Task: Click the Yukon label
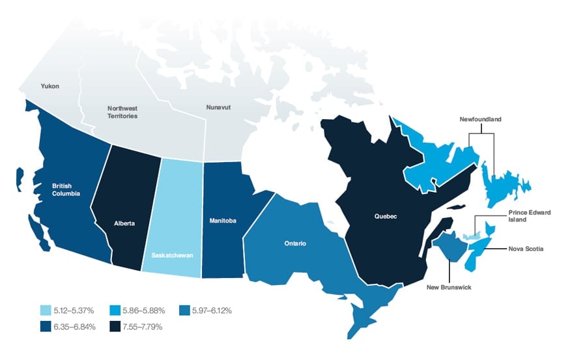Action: tap(50, 85)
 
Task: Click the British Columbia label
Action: tap(66, 189)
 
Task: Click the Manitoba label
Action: tap(223, 220)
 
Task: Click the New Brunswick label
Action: tap(449, 286)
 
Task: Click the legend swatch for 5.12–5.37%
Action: tap(44, 311)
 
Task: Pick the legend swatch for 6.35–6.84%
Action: tap(44, 326)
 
